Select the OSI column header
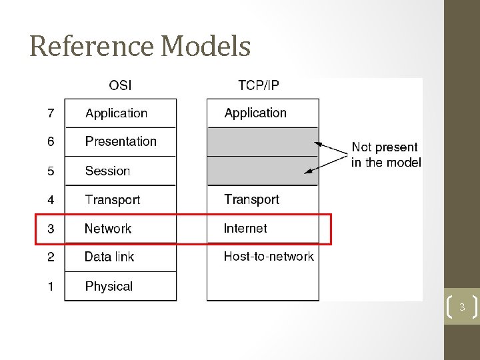coord(120,86)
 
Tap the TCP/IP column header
coord(259,86)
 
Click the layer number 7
coord(51,113)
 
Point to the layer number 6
coord(51,142)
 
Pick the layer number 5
coord(51,171)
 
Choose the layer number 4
coord(51,200)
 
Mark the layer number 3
coord(51,229)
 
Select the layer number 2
coord(51,257)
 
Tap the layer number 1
coord(51,286)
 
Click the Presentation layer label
coord(121,141)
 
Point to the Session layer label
coord(107,171)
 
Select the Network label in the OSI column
coord(108,229)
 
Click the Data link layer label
coord(109,257)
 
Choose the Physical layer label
coord(109,286)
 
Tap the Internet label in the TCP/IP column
coord(245,228)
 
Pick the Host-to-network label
coord(269,256)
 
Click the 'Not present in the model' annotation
coord(385,155)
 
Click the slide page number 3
coord(461,307)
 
